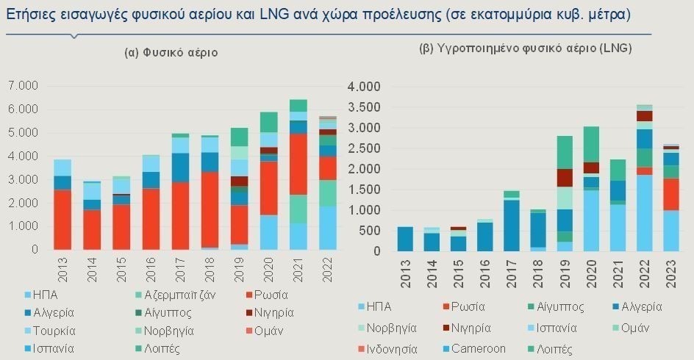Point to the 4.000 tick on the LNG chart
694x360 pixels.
pos(362,87)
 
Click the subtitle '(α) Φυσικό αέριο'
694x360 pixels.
pos(171,53)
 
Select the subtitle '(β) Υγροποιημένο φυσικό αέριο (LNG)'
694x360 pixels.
pos(525,48)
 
